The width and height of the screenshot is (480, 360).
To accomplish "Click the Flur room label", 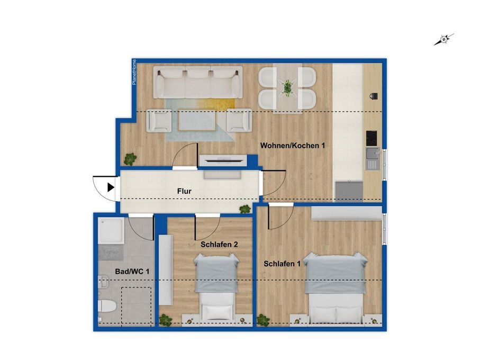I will tap(185, 191).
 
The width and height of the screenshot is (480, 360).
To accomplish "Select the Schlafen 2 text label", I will tap(219, 245).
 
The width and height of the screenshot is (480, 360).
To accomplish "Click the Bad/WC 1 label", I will tap(132, 272).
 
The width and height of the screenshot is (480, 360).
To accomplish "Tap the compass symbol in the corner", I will tap(444, 39).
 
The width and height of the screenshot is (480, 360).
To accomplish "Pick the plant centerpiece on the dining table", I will tap(288, 87).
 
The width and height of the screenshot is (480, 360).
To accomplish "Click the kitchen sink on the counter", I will tap(372, 158).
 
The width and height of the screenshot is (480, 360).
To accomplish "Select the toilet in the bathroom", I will tap(107, 306).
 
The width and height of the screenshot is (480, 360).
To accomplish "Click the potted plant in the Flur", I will tap(245, 209).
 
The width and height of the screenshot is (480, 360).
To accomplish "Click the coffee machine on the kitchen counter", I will tap(374, 95).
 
